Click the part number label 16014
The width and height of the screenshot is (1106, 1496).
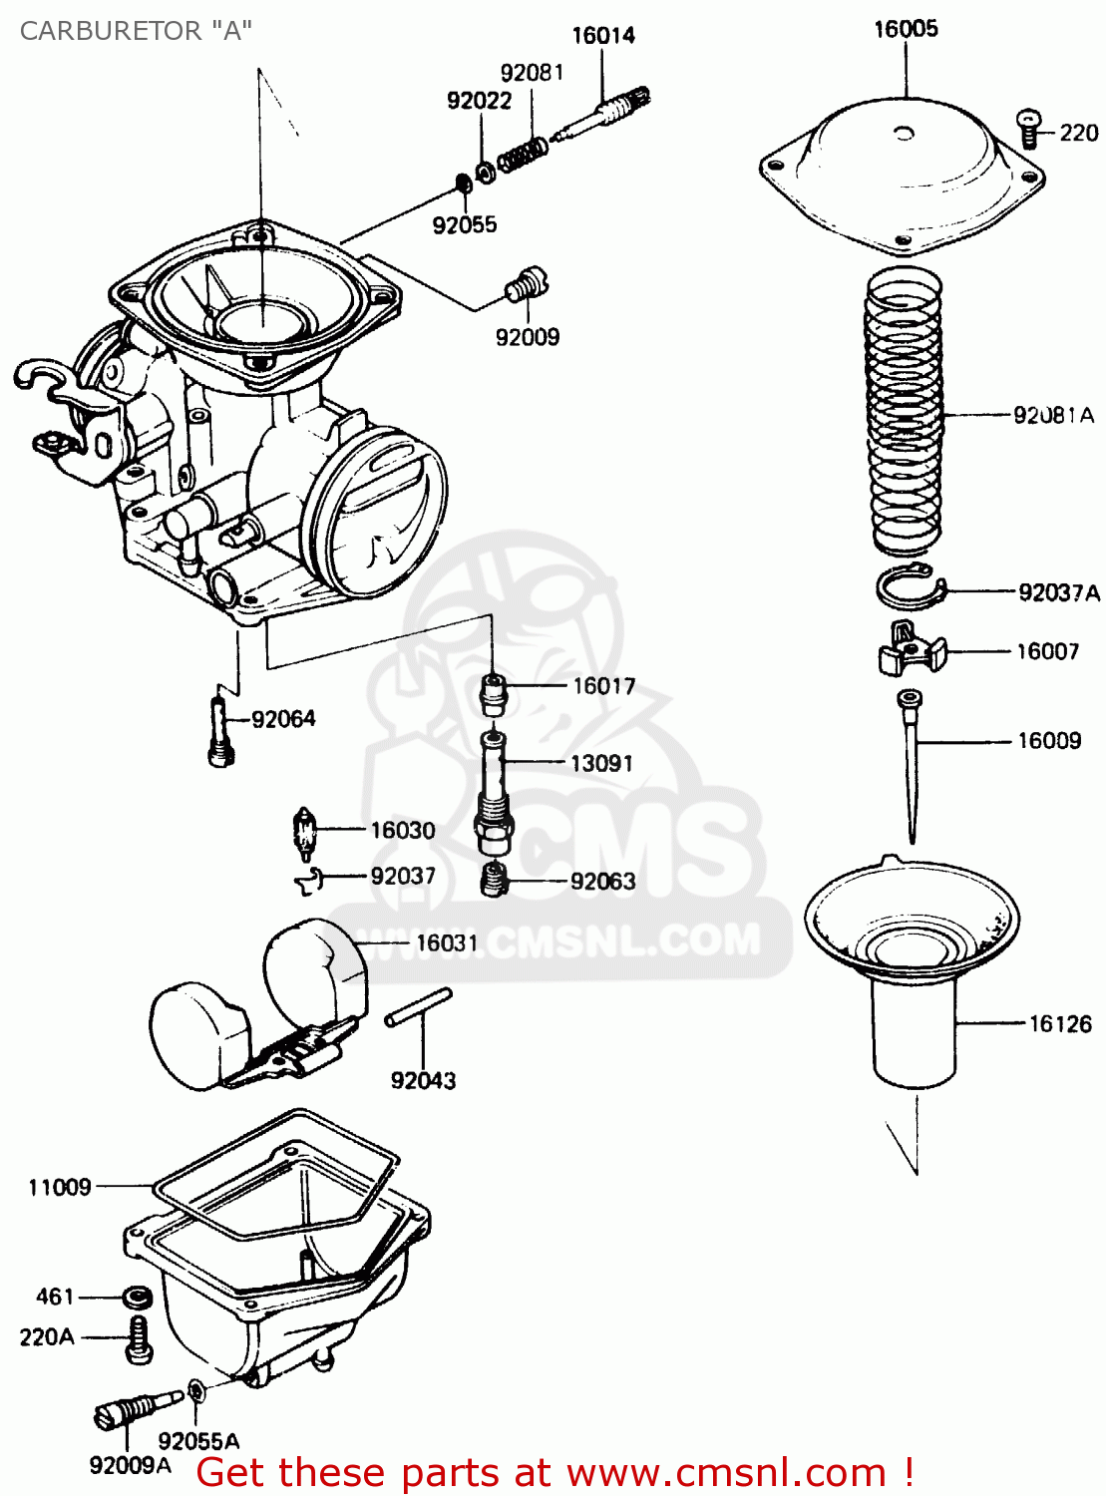(602, 36)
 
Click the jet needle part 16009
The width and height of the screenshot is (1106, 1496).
(911, 763)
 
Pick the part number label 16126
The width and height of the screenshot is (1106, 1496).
(1059, 1024)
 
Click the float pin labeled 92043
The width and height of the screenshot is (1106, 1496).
(419, 1006)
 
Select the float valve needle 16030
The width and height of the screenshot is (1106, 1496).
(305, 834)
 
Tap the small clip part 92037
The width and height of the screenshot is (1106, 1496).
(308, 879)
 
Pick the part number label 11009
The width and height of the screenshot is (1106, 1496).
(60, 1187)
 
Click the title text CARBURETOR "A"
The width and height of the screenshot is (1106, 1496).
(135, 31)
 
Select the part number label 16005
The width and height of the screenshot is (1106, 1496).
(906, 29)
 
